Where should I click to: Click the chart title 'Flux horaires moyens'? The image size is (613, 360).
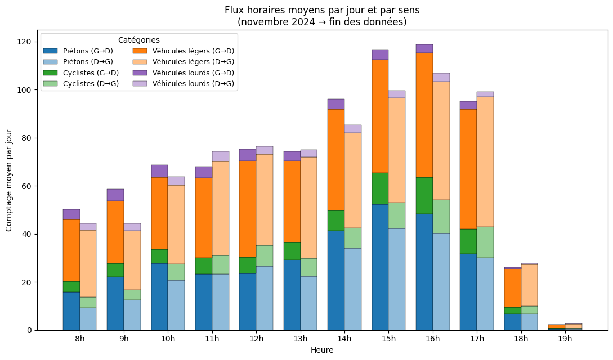322,11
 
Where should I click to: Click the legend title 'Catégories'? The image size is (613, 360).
138,40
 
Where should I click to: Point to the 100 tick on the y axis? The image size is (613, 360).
26,90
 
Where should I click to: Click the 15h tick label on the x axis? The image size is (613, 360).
388,339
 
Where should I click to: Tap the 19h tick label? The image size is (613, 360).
565,339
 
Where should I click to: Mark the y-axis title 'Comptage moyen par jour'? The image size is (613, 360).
9,179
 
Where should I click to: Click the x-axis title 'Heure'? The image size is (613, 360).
322,350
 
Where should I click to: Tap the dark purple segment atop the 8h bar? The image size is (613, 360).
71,214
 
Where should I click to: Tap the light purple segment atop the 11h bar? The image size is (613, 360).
221,156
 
